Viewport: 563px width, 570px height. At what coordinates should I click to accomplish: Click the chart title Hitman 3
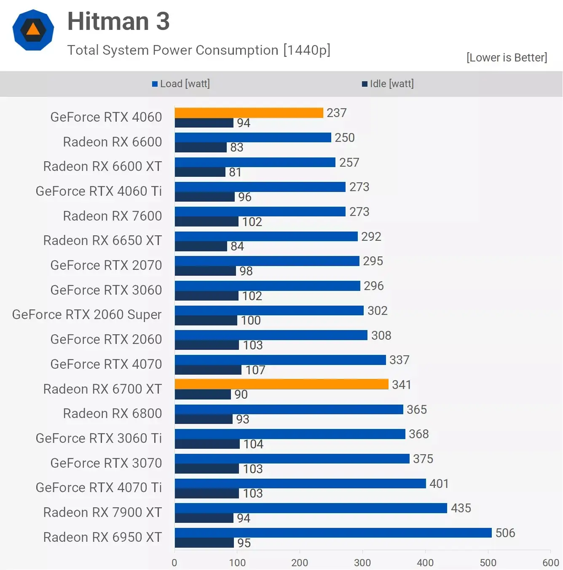click(x=118, y=21)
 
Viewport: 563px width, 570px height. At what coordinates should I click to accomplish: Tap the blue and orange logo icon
click(x=33, y=30)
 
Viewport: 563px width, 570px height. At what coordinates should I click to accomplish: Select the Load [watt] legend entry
click(x=181, y=84)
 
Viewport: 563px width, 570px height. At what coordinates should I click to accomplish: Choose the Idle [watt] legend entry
click(x=388, y=84)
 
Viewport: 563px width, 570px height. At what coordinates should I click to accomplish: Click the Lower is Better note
click(x=507, y=58)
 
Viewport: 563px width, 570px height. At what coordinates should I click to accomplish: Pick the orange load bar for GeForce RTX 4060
click(x=249, y=113)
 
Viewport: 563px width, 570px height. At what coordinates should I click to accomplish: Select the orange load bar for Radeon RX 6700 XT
click(x=281, y=384)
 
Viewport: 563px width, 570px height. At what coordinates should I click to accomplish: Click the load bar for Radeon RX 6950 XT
click(x=333, y=533)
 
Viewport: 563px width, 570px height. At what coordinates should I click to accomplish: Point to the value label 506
click(x=505, y=533)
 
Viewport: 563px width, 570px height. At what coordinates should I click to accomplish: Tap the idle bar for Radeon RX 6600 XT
click(x=200, y=172)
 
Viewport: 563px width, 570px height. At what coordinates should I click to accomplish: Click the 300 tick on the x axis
click(x=362, y=562)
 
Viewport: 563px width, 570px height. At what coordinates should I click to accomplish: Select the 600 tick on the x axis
click(x=550, y=562)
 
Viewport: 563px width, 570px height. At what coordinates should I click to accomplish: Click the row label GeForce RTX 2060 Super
click(x=87, y=314)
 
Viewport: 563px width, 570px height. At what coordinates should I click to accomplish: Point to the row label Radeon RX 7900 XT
click(x=102, y=512)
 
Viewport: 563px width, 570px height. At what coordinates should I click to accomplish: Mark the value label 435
click(x=461, y=508)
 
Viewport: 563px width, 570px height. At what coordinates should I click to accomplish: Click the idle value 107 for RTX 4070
click(x=255, y=370)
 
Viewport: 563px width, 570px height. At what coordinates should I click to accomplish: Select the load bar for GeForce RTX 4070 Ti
click(x=300, y=483)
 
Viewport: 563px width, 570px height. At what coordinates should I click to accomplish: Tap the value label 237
click(x=336, y=113)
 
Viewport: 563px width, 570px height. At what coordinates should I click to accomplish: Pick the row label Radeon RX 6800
click(x=112, y=413)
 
